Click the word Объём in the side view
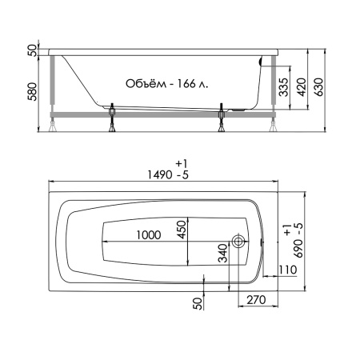[x=145, y=83]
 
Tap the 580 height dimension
[x=33, y=91]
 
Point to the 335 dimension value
[x=283, y=87]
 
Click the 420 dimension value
[x=302, y=87]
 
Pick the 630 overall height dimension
[x=318, y=87]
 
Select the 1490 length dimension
[x=160, y=175]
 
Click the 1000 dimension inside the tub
[x=149, y=235]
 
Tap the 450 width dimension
[x=182, y=230]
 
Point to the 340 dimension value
[x=223, y=253]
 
